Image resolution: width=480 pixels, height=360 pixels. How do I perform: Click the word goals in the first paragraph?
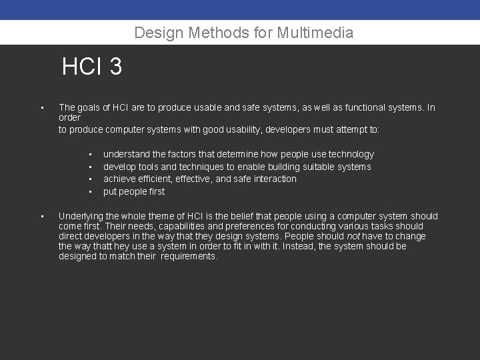[x=91, y=107]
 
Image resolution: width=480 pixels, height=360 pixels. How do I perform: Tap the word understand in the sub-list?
[x=127, y=154]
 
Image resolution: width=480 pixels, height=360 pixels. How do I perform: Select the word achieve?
[x=120, y=179]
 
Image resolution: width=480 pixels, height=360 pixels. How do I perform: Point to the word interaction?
[x=275, y=179]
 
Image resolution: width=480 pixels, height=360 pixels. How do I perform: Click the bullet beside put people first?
[x=89, y=192]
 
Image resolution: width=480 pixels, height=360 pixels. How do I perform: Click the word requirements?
[x=189, y=256]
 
